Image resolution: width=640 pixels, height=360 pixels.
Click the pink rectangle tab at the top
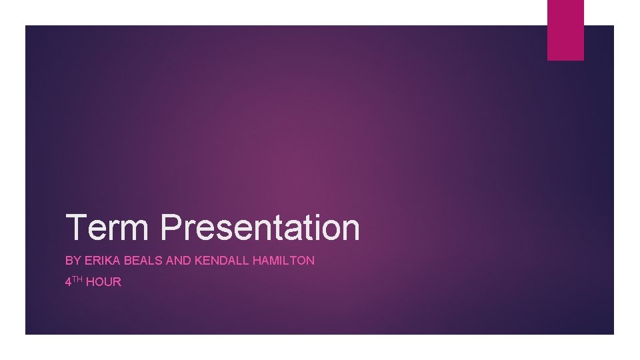coord(565,30)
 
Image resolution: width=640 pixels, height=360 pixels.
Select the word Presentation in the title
coord(260,227)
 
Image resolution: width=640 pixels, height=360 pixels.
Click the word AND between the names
coord(178,261)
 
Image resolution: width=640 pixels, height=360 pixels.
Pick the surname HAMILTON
coord(283,261)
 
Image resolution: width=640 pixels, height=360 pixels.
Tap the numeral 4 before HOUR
coord(68,282)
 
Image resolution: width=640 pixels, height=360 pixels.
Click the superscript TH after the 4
coord(77,279)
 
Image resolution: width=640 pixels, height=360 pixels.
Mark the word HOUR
coord(103,282)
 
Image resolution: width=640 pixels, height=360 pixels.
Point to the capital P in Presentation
coord(172,227)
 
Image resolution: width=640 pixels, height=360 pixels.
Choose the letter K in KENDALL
coord(198,261)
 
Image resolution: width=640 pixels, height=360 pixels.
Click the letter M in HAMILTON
coord(275,261)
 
